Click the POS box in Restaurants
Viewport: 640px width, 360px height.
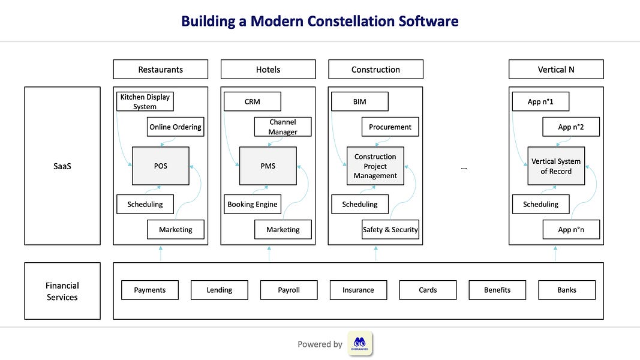coord(160,166)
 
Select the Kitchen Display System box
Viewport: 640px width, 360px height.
coord(145,101)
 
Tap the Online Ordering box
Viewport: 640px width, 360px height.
coord(175,127)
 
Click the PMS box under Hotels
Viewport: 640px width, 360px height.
coord(268,166)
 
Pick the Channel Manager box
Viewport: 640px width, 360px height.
coord(283,127)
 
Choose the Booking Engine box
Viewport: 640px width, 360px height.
coord(252,204)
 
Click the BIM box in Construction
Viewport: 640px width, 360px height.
coord(359,101)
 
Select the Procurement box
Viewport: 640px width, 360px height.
coord(390,127)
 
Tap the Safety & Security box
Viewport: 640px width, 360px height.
coord(390,229)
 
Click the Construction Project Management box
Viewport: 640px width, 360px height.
coord(375,166)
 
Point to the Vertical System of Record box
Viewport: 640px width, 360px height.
coord(556,166)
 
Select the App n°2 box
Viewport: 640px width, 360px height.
coord(570,127)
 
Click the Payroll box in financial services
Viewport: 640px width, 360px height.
coord(289,290)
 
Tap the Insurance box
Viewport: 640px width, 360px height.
coord(358,290)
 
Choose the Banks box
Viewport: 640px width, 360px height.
coord(567,290)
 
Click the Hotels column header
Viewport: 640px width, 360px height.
coord(268,69)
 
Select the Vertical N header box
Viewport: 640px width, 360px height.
coord(556,69)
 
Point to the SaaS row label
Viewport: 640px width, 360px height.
coord(62,166)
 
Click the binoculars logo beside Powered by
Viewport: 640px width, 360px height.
coord(360,344)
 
